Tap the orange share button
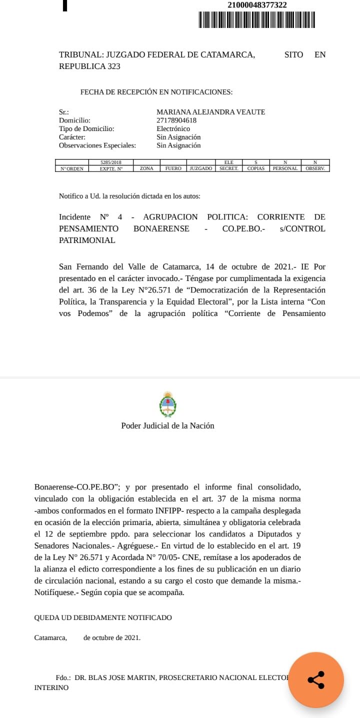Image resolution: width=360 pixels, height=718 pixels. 316,679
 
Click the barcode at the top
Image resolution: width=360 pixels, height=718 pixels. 257,19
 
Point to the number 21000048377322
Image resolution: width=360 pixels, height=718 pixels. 257,5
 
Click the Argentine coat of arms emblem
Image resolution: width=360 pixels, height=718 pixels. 167,404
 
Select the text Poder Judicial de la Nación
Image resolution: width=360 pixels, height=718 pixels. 167,425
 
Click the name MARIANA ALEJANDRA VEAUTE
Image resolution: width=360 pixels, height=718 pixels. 210,112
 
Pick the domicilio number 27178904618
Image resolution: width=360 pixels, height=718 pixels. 176,120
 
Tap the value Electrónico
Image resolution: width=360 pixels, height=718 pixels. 173,128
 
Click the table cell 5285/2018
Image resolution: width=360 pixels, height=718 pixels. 110,162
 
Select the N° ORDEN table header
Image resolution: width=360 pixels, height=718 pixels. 72,168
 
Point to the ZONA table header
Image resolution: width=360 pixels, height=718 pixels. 146,168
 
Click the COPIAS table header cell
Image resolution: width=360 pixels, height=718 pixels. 255,168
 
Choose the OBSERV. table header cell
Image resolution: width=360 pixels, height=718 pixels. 315,168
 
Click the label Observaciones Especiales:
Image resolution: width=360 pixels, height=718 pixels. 97,145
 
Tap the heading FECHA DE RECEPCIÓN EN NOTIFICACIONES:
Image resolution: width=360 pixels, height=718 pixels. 156,92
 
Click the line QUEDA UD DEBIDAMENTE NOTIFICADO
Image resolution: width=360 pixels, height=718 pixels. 103,617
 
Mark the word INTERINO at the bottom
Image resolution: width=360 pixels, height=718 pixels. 51,687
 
